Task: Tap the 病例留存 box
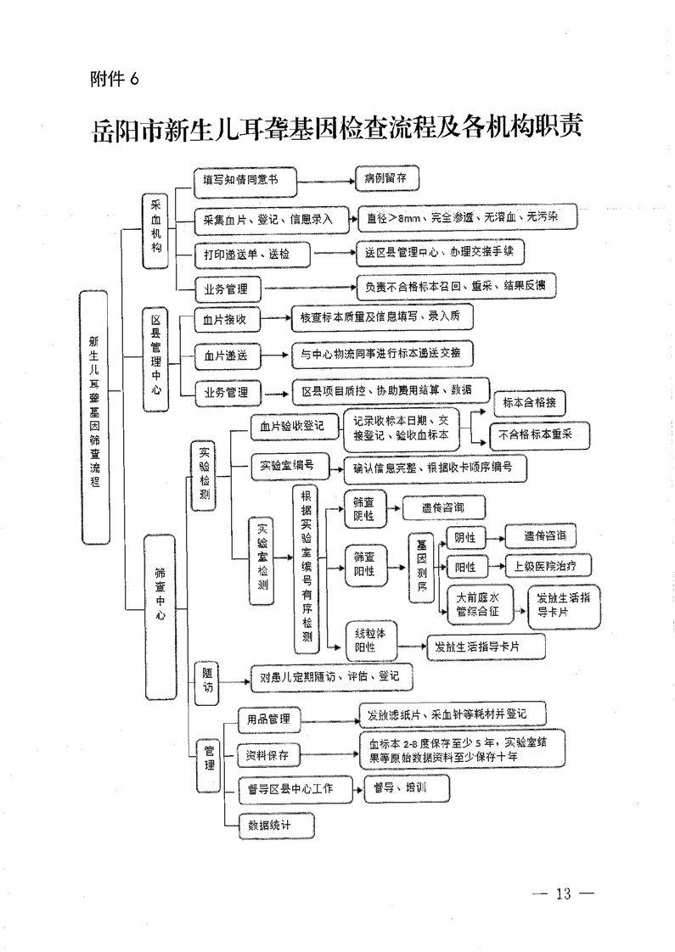point(386,181)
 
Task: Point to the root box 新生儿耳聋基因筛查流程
point(94,411)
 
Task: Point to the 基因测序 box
point(422,567)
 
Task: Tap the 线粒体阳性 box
point(370,641)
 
